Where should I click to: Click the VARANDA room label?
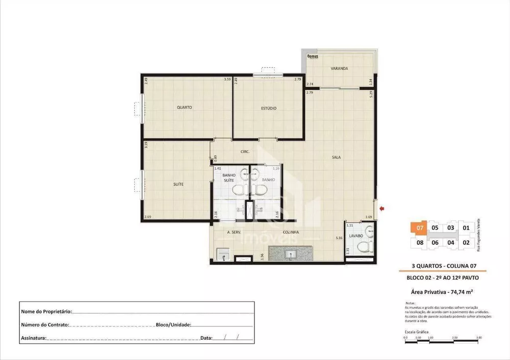point(339,68)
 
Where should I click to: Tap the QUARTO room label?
point(184,108)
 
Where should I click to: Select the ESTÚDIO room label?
point(269,108)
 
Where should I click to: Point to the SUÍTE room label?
point(178,184)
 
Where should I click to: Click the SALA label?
point(336,157)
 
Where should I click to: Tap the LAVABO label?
point(355,237)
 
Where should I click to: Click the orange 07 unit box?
point(419,228)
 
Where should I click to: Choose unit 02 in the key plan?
point(466,242)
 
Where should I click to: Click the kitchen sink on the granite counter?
point(292,253)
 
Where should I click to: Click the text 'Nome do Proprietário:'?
point(46,311)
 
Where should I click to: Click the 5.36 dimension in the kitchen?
point(339,238)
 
